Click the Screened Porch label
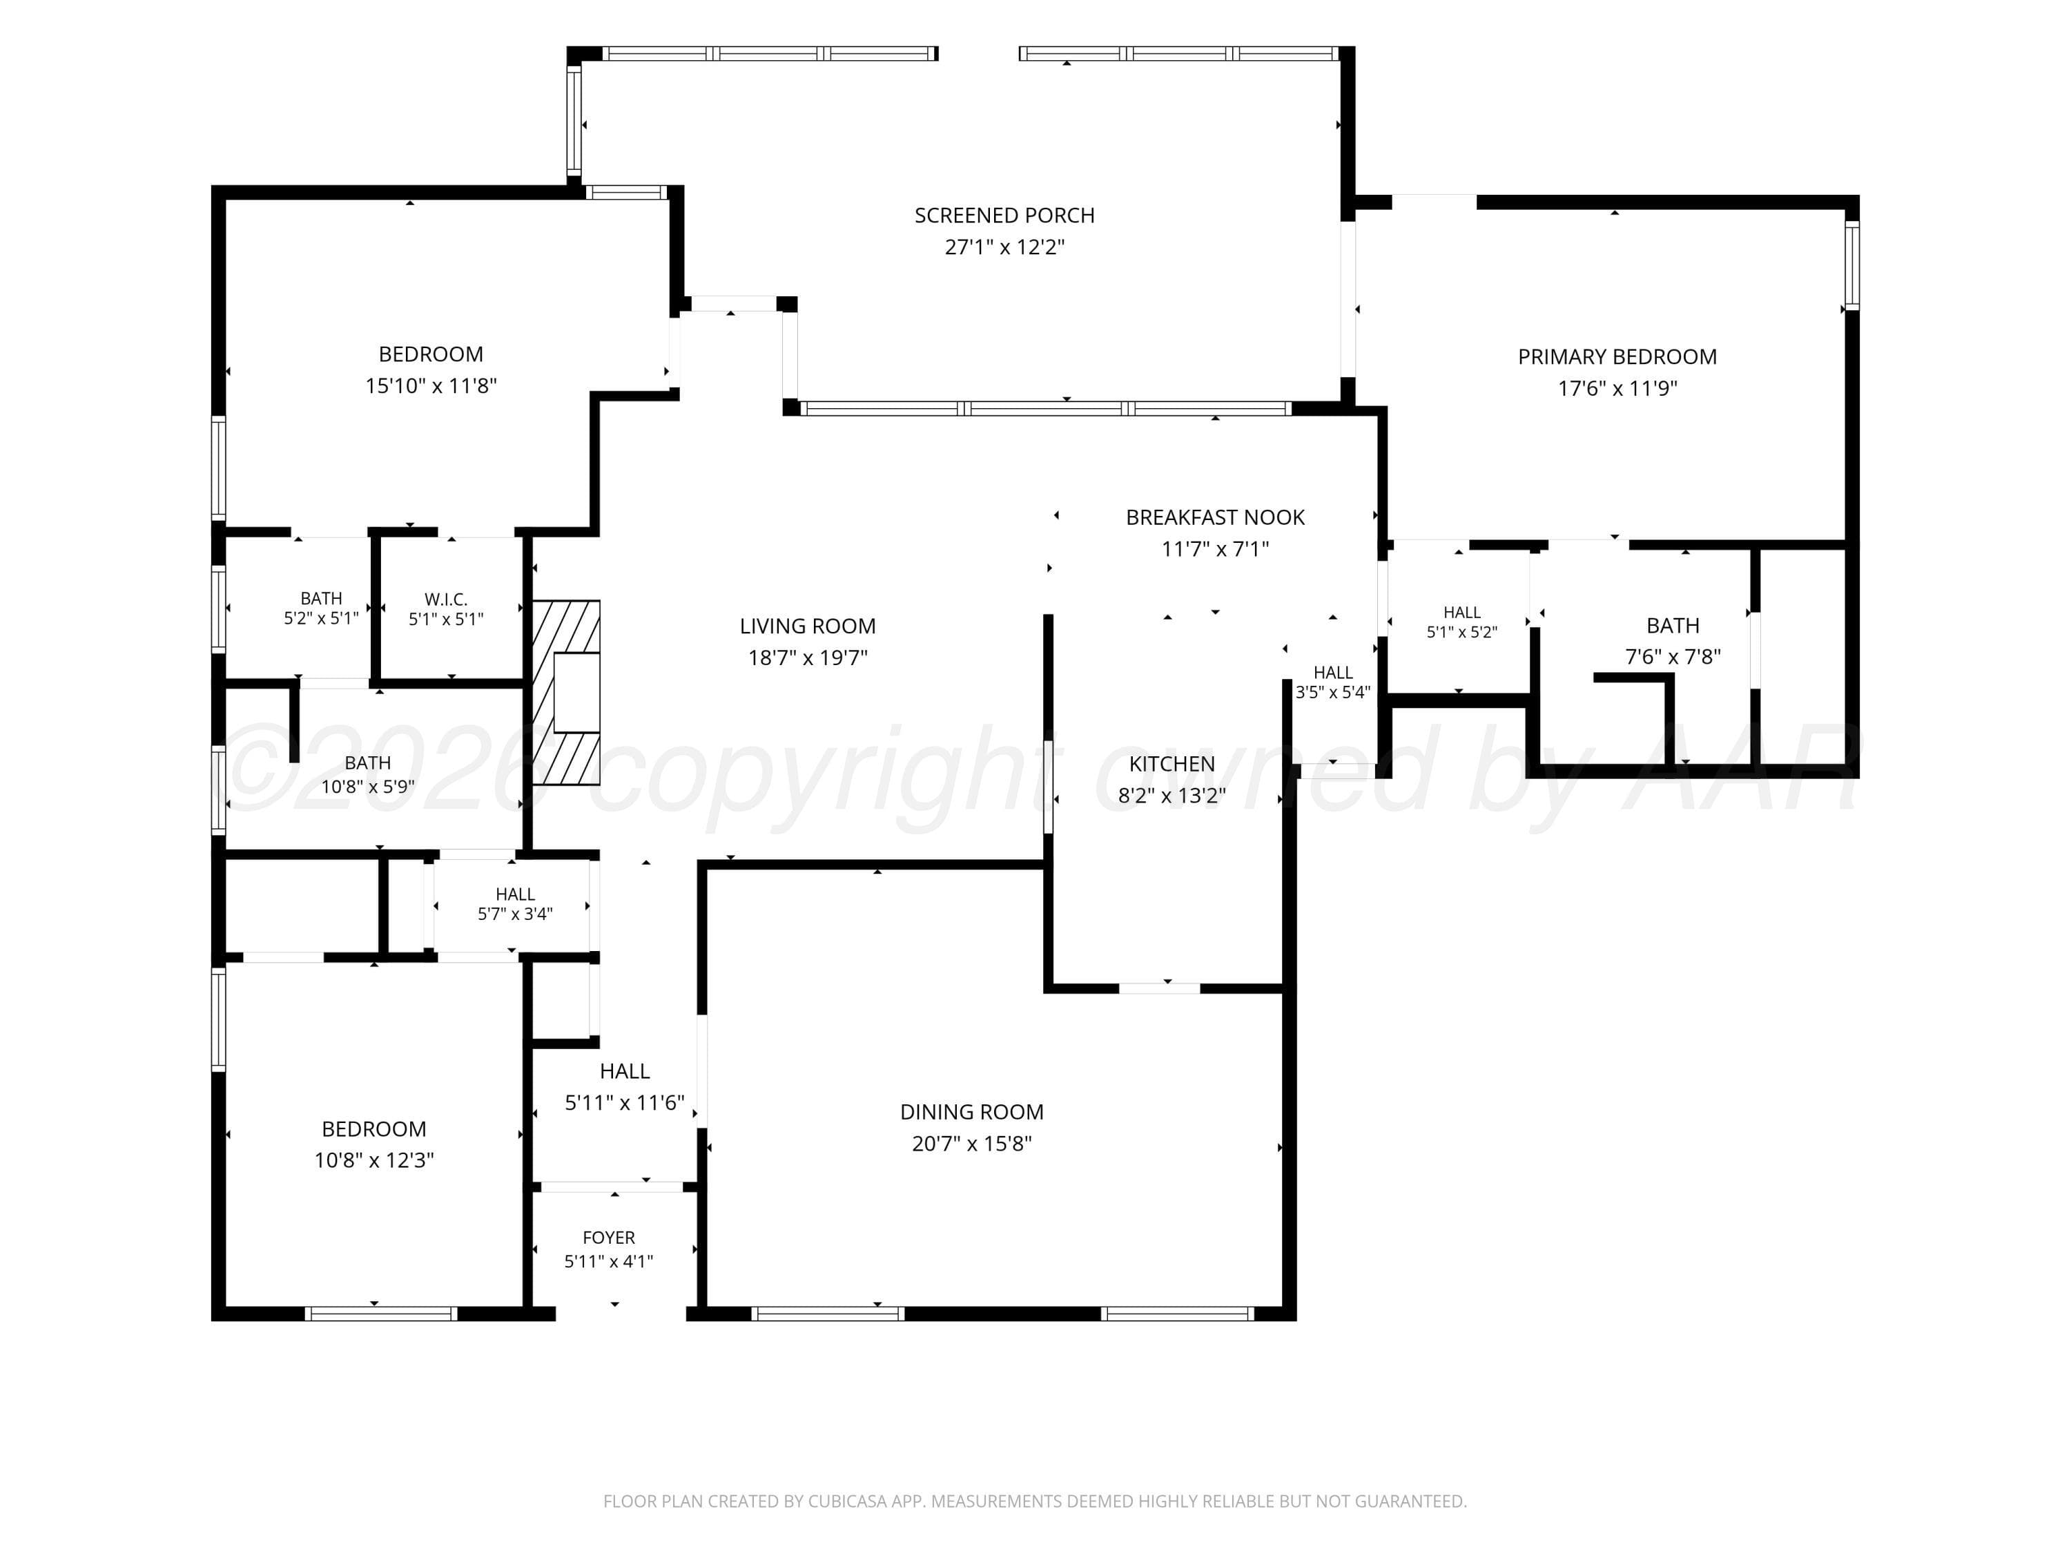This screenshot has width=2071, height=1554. [x=1004, y=215]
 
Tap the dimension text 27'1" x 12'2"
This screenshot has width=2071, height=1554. [x=1004, y=247]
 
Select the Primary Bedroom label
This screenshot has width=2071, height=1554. [x=1617, y=357]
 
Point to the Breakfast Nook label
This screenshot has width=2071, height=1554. [x=1215, y=517]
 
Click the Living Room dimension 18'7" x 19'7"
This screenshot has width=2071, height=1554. [x=807, y=658]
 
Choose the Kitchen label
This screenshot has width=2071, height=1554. [x=1172, y=765]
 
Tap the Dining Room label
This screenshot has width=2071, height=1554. [x=972, y=1112]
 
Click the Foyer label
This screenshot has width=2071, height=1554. [x=609, y=1238]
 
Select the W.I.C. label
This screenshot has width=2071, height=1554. [x=446, y=599]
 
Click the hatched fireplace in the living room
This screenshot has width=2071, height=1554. [x=565, y=692]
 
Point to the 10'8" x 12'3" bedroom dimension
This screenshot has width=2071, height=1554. [x=373, y=1160]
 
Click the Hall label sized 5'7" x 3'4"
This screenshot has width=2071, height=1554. [x=515, y=894]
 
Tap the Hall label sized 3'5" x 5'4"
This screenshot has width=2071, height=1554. [x=1333, y=673]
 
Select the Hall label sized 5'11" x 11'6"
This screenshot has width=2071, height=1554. [x=625, y=1071]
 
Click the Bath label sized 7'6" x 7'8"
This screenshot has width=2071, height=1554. [x=1673, y=626]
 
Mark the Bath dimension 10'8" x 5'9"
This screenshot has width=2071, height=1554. [x=368, y=787]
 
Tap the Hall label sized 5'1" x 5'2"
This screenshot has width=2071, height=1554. [x=1461, y=613]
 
